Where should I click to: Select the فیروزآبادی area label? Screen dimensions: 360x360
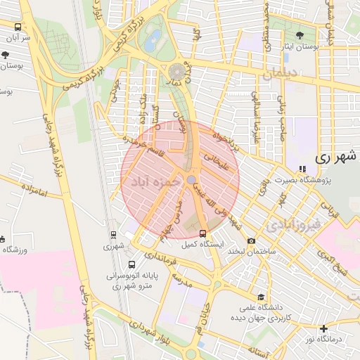(x=294, y=224)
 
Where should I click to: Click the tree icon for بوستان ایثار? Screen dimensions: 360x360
(x=302, y=34)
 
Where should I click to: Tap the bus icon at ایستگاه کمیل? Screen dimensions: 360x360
(x=203, y=233)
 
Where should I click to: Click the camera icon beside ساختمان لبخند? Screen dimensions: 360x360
(x=252, y=241)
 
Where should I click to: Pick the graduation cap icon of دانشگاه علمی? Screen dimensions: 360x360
(x=262, y=297)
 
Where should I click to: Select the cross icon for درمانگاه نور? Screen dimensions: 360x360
(x=323, y=328)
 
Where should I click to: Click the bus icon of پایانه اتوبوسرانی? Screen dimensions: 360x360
(x=131, y=265)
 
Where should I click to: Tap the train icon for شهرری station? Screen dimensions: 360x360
(x=113, y=235)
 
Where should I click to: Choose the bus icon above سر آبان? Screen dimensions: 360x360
(x=17, y=26)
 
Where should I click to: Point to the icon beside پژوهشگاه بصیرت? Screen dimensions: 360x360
(x=302, y=169)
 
